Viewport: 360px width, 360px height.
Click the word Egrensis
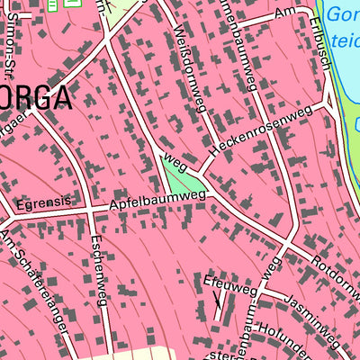click(x=41, y=204)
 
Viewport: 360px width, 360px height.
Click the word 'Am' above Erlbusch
click(x=285, y=11)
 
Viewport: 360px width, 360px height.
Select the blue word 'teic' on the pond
click(x=344, y=41)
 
